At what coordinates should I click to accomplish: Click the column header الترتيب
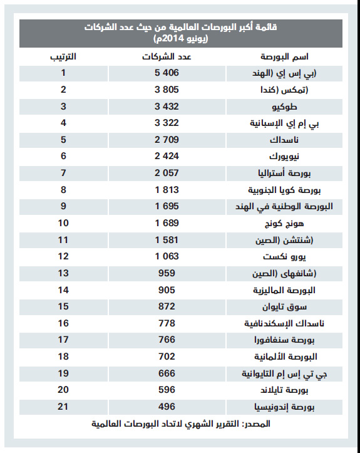pyautogui.click(x=63, y=57)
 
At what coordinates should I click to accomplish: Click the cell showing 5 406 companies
pyautogui.click(x=165, y=73)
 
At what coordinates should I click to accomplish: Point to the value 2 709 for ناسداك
pyautogui.click(x=165, y=138)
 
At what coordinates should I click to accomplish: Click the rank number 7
pyautogui.click(x=63, y=172)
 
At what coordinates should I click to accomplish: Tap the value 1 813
pyautogui.click(x=165, y=189)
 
